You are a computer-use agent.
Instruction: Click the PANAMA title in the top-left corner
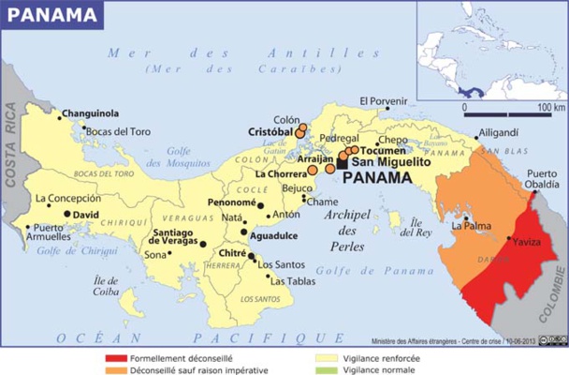(x=52, y=14)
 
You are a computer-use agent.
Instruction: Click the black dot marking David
(x=68, y=214)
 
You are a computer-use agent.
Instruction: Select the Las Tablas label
(x=293, y=279)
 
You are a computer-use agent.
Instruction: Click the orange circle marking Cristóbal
(x=300, y=133)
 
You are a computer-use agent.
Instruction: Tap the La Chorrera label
(x=278, y=174)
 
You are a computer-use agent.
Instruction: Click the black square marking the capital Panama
(x=343, y=163)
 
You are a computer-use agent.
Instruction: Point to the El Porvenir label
(x=387, y=101)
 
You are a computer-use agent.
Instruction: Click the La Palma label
(x=470, y=226)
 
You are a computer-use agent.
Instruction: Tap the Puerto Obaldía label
(x=545, y=178)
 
